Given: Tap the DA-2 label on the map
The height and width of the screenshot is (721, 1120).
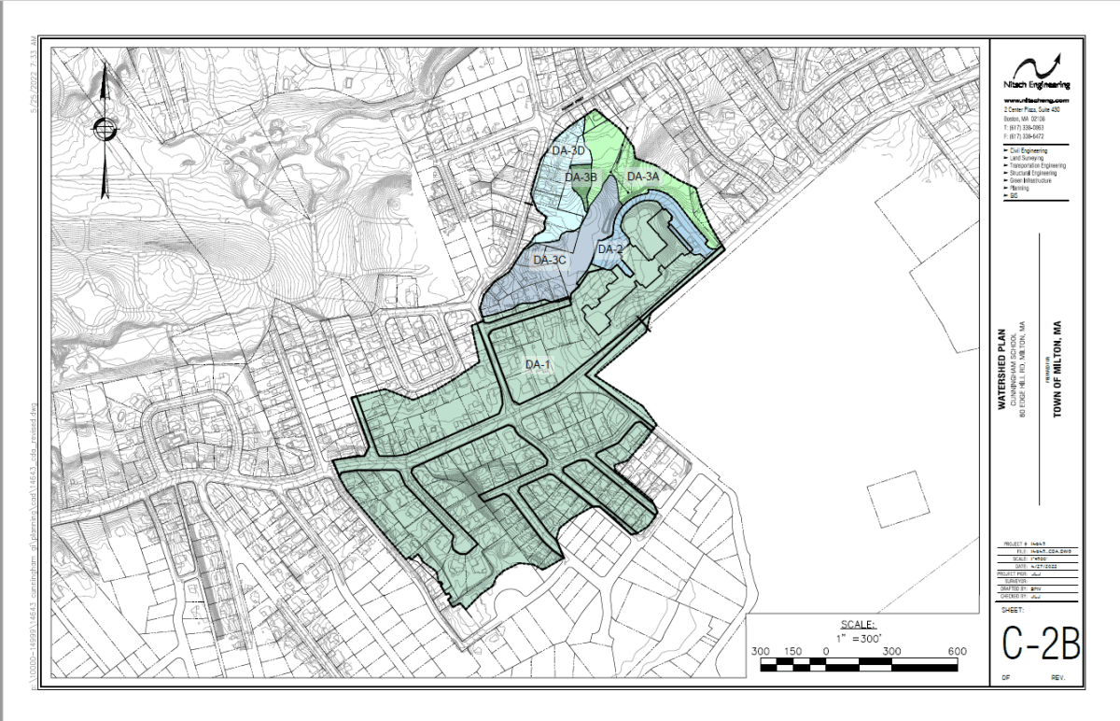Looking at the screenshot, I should pyautogui.click(x=609, y=249).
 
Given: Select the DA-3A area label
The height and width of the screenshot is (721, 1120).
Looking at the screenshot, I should pyautogui.click(x=643, y=177).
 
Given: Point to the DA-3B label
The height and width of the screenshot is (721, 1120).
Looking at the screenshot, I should pyautogui.click(x=581, y=177).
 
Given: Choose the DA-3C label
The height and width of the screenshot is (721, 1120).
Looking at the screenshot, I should pyautogui.click(x=550, y=261).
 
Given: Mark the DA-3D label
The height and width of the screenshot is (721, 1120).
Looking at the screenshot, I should pyautogui.click(x=567, y=151).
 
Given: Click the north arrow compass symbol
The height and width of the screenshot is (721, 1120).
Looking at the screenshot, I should pyautogui.click(x=105, y=128).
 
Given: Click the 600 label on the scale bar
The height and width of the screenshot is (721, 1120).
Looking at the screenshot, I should pyautogui.click(x=956, y=651).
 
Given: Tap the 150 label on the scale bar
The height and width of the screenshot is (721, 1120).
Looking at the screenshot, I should pyautogui.click(x=793, y=651).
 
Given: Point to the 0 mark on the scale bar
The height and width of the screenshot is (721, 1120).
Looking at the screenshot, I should pyautogui.click(x=826, y=651).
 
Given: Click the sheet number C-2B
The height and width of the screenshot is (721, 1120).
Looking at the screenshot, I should pyautogui.click(x=1041, y=643).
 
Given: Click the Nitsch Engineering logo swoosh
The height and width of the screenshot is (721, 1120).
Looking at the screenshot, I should pyautogui.click(x=1038, y=66).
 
